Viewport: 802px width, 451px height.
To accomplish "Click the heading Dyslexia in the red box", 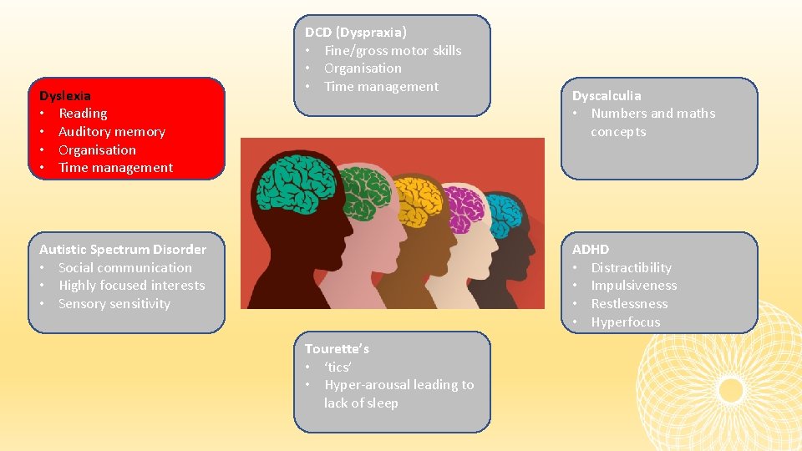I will pyautogui.click(x=65, y=95).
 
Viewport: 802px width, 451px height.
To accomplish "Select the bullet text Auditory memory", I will pyautogui.click(x=111, y=131).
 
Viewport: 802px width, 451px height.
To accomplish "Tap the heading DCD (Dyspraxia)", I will pyautogui.click(x=355, y=33).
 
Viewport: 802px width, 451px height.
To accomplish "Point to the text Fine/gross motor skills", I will pyautogui.click(x=392, y=50).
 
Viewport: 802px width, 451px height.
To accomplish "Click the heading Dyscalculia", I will pyautogui.click(x=607, y=95).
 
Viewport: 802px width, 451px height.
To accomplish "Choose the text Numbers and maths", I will pyautogui.click(x=652, y=114).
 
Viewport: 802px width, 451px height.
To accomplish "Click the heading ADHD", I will pyautogui.click(x=591, y=249).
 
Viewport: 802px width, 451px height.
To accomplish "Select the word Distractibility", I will pyautogui.click(x=631, y=267).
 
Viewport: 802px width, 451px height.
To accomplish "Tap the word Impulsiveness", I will pyautogui.click(x=633, y=286).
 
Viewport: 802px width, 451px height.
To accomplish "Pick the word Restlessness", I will pyautogui.click(x=629, y=304).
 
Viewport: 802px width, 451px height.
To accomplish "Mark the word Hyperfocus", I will pyautogui.click(x=625, y=322).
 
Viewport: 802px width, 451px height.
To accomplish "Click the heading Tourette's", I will pyautogui.click(x=337, y=348).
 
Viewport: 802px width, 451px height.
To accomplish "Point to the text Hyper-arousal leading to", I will pyautogui.click(x=398, y=385).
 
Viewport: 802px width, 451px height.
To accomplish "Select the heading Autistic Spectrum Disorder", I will pyautogui.click(x=122, y=249).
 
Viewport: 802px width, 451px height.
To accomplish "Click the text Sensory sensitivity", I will pyautogui.click(x=114, y=304).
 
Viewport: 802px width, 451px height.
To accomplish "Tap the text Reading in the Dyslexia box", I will pyautogui.click(x=83, y=114).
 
